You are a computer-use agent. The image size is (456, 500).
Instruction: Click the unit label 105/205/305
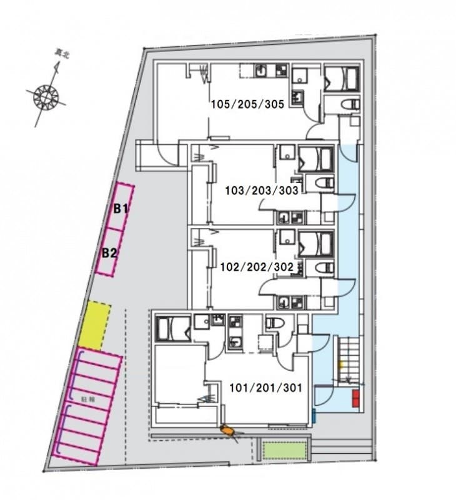coord(247,104)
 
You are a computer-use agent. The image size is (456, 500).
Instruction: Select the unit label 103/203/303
coord(262,189)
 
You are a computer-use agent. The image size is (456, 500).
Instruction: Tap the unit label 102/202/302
coord(256,266)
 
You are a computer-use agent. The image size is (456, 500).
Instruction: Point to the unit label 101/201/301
coord(265,387)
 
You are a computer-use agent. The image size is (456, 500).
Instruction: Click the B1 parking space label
coord(121,209)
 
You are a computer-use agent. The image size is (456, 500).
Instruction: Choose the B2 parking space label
coord(109,253)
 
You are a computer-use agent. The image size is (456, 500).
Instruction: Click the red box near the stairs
coord(355,398)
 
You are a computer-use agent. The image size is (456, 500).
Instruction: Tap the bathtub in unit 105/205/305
coord(341,79)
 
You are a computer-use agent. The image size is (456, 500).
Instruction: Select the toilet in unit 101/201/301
coord(274,323)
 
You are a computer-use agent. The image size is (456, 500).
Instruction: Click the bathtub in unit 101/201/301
coord(171,327)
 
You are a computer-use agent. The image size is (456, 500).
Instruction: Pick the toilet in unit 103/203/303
coord(325,182)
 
